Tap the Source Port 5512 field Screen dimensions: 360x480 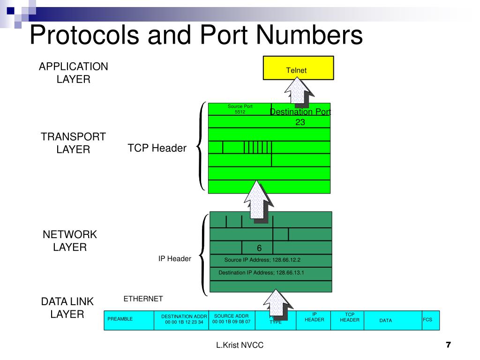(x=240, y=109)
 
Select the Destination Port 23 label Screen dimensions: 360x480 (x=300, y=117)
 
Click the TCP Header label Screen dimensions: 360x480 (x=157, y=148)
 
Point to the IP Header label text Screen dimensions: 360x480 (x=174, y=259)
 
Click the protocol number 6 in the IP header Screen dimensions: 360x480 (x=259, y=247)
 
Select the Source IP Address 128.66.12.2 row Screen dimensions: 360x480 (x=262, y=260)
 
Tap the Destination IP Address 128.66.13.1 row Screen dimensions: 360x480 (x=262, y=272)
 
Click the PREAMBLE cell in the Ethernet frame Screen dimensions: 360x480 (x=120, y=319)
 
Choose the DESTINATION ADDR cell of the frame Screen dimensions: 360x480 (x=184, y=319)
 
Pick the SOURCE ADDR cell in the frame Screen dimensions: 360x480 (x=231, y=319)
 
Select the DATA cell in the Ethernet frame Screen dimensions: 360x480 (x=386, y=321)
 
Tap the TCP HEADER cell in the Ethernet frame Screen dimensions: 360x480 (x=350, y=317)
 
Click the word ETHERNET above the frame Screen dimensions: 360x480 (x=143, y=299)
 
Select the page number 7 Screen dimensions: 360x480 (x=448, y=345)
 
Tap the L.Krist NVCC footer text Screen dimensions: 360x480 (x=240, y=345)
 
